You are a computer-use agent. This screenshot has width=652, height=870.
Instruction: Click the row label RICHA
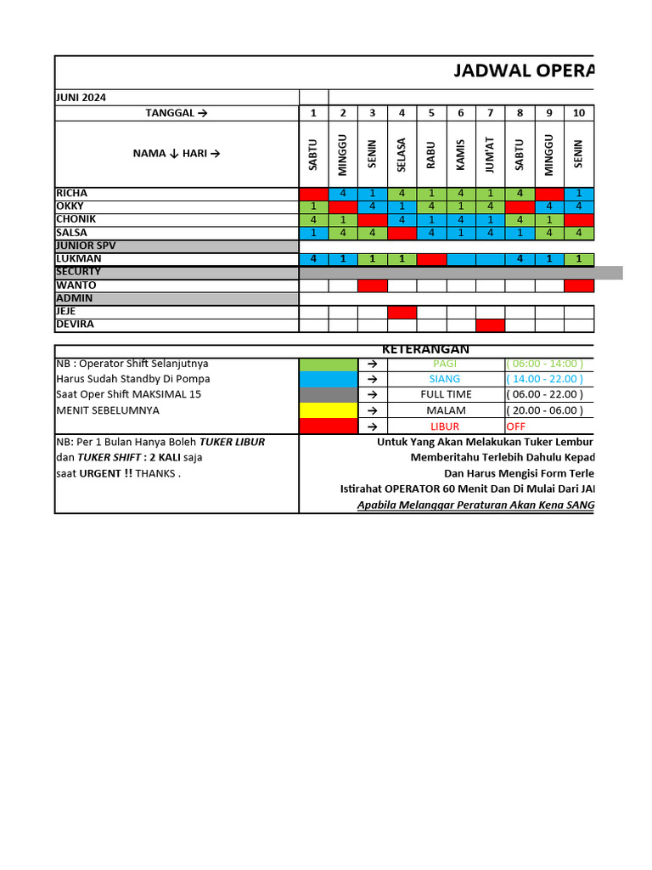[x=72, y=193]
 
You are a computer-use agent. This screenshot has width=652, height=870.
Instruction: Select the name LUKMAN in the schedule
[x=79, y=258]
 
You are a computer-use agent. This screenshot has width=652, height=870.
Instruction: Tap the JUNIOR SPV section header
[x=85, y=246]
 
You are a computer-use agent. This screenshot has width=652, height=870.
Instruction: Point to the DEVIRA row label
[x=76, y=325]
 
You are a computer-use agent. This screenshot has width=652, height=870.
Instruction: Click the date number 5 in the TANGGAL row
[x=431, y=113]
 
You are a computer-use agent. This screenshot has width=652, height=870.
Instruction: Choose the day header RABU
[x=431, y=155]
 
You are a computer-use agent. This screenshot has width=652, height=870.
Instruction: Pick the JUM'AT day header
[x=490, y=155]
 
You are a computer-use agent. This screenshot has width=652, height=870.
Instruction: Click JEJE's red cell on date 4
[x=402, y=312]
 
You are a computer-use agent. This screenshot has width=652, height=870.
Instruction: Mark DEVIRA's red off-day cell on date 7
[x=490, y=325]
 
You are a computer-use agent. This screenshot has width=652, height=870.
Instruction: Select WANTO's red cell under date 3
[x=372, y=285]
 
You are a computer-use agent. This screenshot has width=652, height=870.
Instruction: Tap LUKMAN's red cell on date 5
[x=431, y=259]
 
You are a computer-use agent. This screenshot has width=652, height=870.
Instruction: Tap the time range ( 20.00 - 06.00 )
[x=544, y=410]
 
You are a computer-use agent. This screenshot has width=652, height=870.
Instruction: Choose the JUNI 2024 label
[x=81, y=98]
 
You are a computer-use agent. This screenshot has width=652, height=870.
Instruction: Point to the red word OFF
[x=516, y=426]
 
